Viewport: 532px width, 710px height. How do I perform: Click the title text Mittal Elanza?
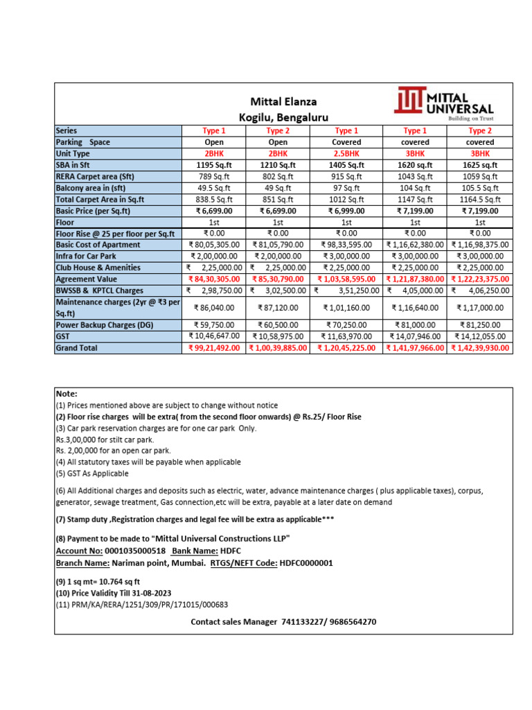point(279,102)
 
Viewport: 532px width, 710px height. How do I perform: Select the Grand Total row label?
point(77,348)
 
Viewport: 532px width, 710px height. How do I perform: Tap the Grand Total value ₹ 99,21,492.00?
point(215,348)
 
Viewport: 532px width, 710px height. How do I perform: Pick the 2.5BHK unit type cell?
point(346,153)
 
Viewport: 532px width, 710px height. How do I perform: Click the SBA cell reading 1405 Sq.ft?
point(346,165)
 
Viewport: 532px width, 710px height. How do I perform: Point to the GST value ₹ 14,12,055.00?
point(479,336)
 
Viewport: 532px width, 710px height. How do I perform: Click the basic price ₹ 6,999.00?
point(346,211)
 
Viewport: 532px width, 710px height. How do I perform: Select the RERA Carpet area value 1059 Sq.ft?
point(479,177)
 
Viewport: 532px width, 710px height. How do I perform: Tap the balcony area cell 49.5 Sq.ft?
point(214,188)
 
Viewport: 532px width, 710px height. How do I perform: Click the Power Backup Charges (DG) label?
point(105,324)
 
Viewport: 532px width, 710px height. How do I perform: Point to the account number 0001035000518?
point(134,551)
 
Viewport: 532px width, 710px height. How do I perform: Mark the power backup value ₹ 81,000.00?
point(414,324)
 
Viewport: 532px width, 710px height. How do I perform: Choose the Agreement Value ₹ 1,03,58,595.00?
point(346,279)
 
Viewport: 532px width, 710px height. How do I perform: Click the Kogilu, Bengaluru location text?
point(279,117)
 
